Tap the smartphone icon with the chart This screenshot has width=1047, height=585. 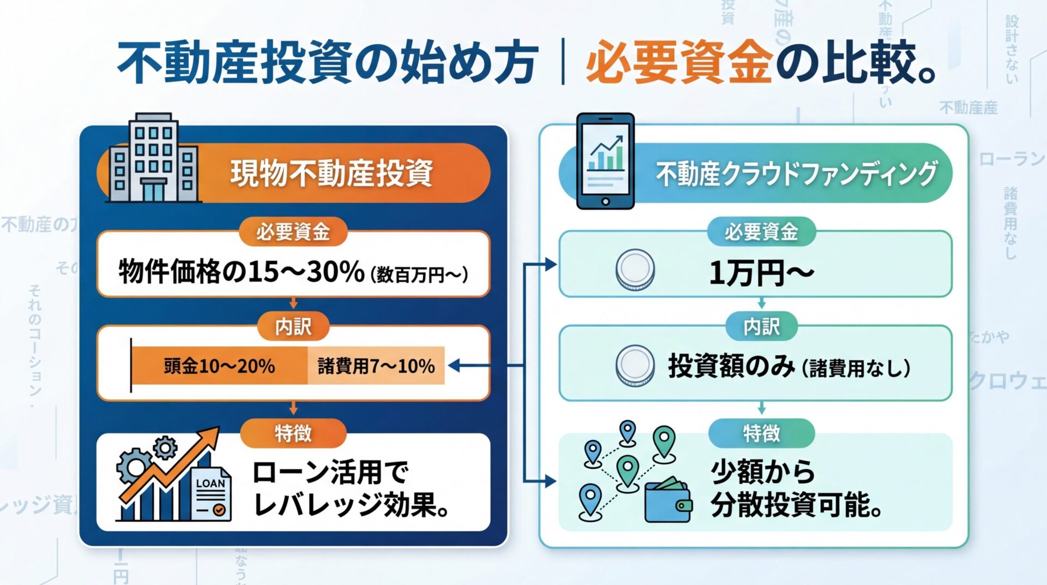coord(605,161)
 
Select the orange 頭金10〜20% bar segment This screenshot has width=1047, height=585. coord(219,366)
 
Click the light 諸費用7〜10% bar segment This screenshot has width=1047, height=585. coord(376,366)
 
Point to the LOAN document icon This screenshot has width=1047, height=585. coord(212,494)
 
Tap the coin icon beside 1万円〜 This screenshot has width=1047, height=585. coord(635,270)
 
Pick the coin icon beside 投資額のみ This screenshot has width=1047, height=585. coord(635,365)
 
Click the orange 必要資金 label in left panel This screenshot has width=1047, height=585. coord(293,232)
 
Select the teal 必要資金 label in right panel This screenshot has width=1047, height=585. coord(761,232)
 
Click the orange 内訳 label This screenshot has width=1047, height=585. coord(293,327)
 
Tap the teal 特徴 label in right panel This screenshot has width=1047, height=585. coord(761,434)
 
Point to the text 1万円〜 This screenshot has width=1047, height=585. coord(761,272)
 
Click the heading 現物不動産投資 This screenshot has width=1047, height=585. coord(332,173)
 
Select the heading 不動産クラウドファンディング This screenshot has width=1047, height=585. coord(796,173)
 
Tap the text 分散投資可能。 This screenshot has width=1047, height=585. coord(796,505)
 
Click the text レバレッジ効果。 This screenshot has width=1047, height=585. coord(352,505)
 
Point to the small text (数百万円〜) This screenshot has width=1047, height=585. coord(419,274)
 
